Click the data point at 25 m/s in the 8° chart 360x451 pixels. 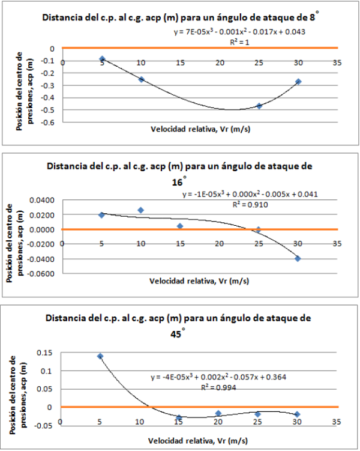click(259, 106)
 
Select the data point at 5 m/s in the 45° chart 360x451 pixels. click(100, 356)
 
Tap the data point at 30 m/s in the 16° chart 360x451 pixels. click(298, 259)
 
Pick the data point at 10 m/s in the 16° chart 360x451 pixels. click(141, 210)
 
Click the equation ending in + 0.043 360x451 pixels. click(240, 32)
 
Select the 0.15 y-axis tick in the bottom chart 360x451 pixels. click(44, 353)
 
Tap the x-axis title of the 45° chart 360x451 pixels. click(199, 441)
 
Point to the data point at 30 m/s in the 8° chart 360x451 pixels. click(298, 82)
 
